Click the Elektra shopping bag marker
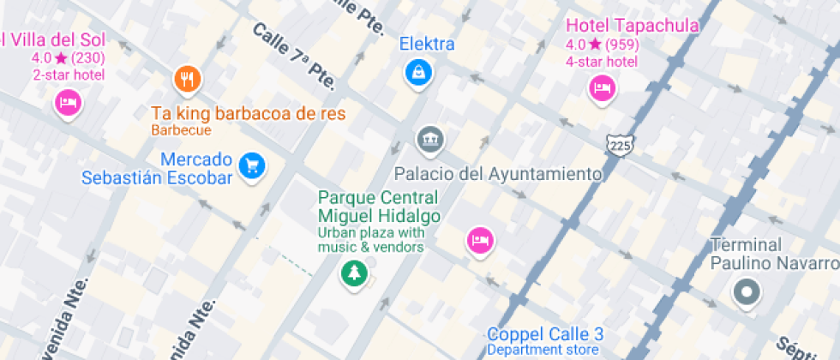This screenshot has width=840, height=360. (x=418, y=73)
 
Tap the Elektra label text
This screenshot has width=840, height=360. (x=427, y=44)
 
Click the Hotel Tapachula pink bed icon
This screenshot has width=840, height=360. (x=602, y=88)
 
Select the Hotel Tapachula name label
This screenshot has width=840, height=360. (x=633, y=26)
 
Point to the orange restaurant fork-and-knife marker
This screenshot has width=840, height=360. (x=187, y=80)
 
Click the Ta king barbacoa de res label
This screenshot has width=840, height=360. (x=249, y=113)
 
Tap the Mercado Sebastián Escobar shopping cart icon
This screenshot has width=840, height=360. (x=250, y=165)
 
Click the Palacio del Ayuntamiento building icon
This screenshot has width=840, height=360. (x=429, y=139)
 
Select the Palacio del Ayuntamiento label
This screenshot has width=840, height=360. (x=498, y=174)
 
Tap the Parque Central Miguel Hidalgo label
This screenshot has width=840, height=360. (x=379, y=207)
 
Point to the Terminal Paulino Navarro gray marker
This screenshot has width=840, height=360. (x=747, y=293)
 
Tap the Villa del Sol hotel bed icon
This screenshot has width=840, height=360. (x=68, y=105)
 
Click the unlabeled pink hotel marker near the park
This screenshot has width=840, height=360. (x=480, y=240)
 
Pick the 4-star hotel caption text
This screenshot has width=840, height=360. (x=601, y=61)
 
